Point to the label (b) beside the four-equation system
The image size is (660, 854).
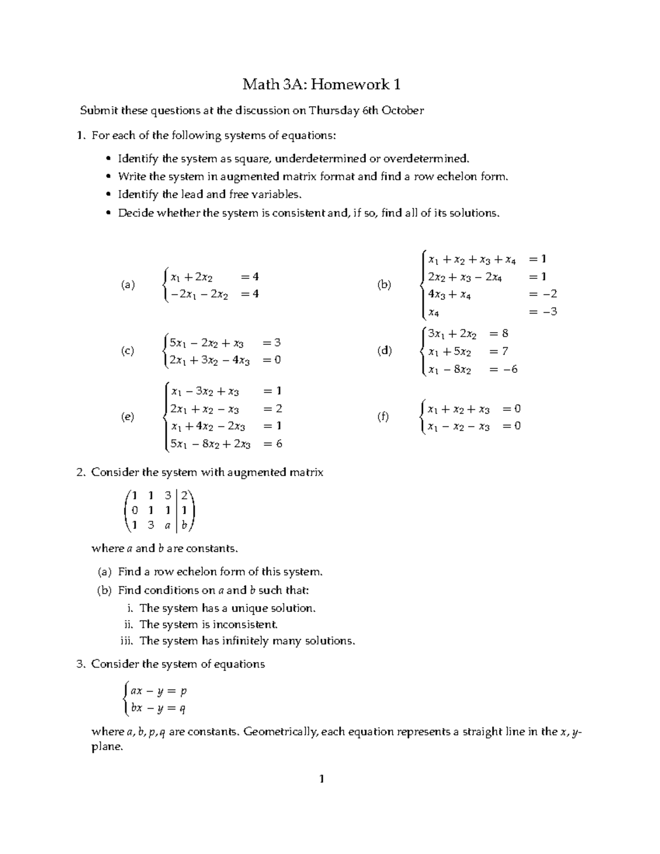[x=384, y=285]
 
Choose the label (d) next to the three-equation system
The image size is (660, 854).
[x=384, y=351]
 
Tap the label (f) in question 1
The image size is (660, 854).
[x=383, y=417]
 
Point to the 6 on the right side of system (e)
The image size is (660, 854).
[x=279, y=444]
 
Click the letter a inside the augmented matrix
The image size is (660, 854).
[x=167, y=525]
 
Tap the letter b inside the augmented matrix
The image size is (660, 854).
[x=185, y=525]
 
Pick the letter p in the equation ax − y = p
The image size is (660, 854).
[x=183, y=691]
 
